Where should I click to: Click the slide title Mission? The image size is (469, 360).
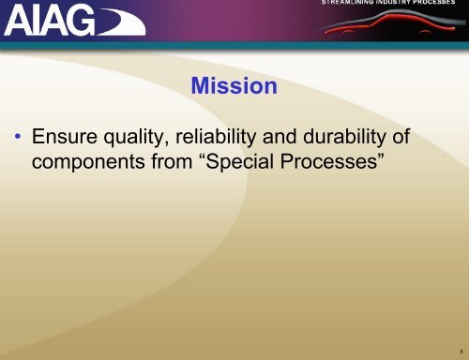pos(233,88)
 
